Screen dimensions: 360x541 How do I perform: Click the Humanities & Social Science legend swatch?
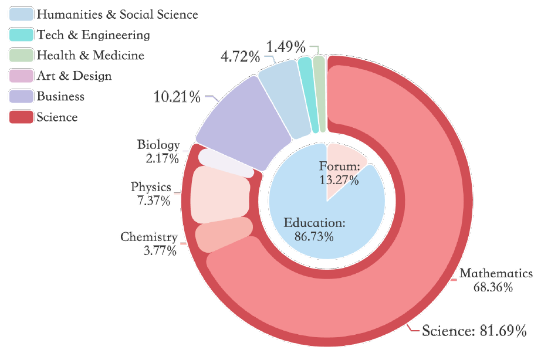[21, 14]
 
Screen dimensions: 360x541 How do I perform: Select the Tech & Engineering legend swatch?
[21, 35]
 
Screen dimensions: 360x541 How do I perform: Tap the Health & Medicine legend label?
[90, 56]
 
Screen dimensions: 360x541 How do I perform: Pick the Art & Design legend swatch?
[21, 76]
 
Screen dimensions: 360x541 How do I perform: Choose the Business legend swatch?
[21, 97]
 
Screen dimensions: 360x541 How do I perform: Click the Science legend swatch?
[21, 117]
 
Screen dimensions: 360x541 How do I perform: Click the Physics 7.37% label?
[151, 194]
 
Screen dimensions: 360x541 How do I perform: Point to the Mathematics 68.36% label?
[496, 280]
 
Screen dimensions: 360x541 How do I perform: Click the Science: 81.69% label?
[474, 331]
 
